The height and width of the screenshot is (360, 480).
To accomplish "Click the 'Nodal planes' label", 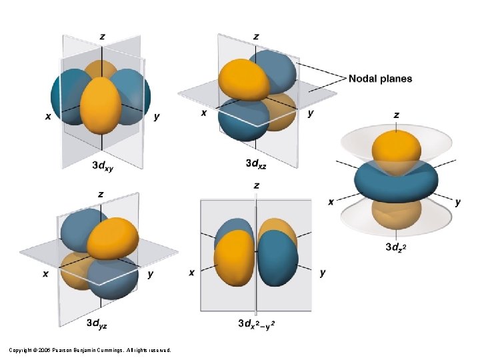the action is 380,79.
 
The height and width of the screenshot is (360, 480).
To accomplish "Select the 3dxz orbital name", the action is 258,163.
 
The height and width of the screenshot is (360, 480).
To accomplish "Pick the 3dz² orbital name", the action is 398,247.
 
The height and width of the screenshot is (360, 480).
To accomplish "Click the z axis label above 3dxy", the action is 101,37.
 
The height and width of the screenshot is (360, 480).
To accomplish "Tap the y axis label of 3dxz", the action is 311,113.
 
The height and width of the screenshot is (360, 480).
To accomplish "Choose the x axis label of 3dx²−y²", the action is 192,272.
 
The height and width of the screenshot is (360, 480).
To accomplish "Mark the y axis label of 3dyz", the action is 150,274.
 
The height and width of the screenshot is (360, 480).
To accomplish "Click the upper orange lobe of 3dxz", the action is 244,79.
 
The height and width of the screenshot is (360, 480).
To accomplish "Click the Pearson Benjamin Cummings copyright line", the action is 90,350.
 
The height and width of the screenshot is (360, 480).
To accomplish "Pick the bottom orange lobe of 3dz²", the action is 397,215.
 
